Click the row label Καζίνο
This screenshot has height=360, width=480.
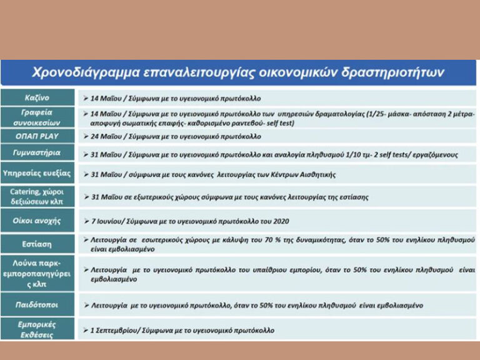(x=37, y=98)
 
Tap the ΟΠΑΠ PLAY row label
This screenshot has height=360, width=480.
(x=37, y=136)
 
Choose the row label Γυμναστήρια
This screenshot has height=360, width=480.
(x=37, y=154)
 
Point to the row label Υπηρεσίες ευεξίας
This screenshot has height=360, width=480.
(x=37, y=174)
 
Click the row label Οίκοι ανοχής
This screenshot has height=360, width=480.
(x=37, y=221)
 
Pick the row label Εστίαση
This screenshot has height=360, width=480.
(x=37, y=244)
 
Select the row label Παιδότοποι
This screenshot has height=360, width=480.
(x=37, y=305)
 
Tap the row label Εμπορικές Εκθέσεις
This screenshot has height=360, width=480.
(x=37, y=329)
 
